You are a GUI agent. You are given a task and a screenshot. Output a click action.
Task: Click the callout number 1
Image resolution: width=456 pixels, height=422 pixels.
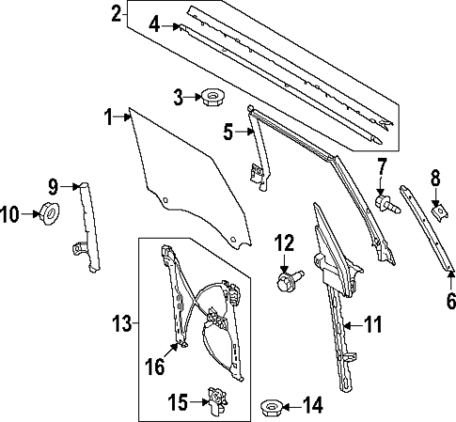[x=108, y=117]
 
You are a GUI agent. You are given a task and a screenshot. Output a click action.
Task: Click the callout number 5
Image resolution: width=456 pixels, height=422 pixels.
[x=227, y=133]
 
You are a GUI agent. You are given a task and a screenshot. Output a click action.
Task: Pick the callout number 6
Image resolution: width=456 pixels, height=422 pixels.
[x=449, y=302]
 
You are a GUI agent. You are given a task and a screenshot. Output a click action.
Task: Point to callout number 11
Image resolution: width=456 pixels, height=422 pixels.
[x=373, y=325]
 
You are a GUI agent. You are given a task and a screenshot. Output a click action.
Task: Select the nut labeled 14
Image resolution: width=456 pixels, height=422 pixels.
[x=268, y=406]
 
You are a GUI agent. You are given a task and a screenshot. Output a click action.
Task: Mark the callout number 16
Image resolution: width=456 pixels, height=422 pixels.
[x=154, y=365]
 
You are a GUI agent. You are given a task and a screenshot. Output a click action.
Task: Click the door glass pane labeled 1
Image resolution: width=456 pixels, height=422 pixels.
[x=188, y=179]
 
